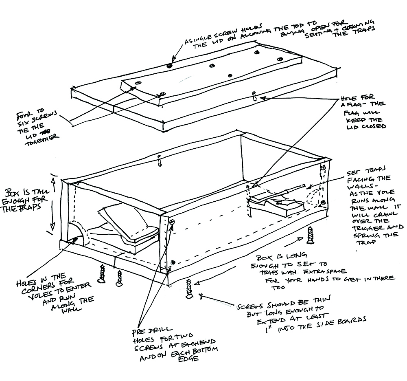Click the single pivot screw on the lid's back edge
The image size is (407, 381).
click(x=169, y=65)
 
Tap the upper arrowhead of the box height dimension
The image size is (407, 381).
click(x=52, y=176)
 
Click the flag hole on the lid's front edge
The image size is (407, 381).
click(x=254, y=95)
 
